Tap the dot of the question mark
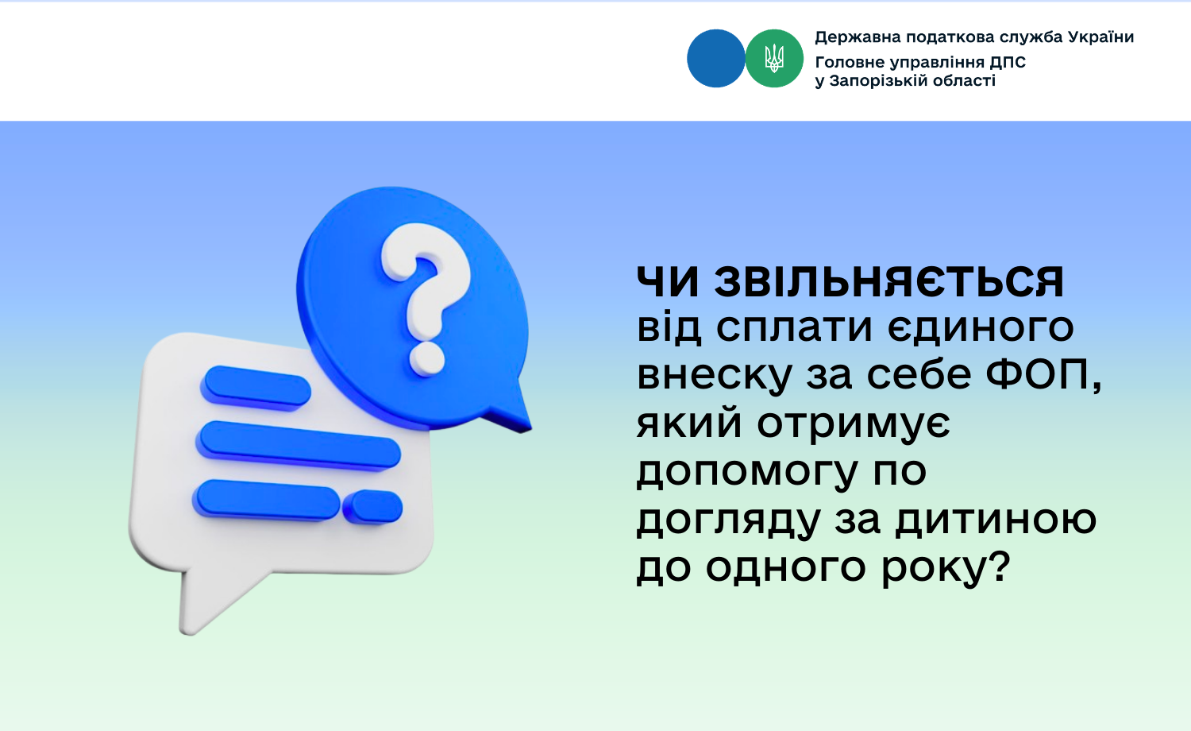click(426, 358)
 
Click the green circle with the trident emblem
click(774, 58)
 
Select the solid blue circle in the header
click(715, 58)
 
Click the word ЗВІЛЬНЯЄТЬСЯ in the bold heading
click(888, 281)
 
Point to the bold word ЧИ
click(668, 281)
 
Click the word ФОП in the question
click(1040, 374)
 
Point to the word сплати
click(794, 327)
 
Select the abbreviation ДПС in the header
click(1008, 62)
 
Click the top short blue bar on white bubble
click(256, 388)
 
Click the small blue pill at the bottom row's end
click(372, 507)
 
